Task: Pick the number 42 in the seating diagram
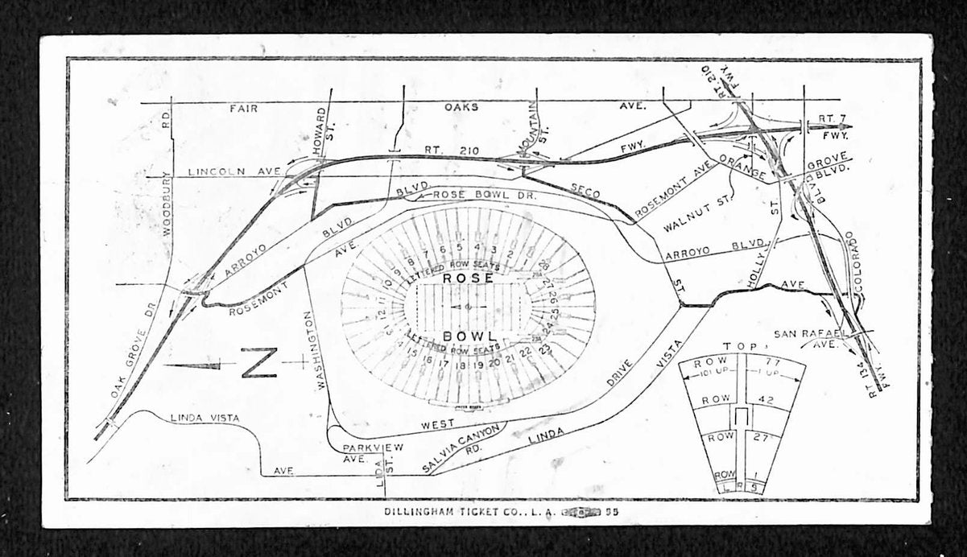[x=766, y=400]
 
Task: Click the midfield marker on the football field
[x=465, y=307]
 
